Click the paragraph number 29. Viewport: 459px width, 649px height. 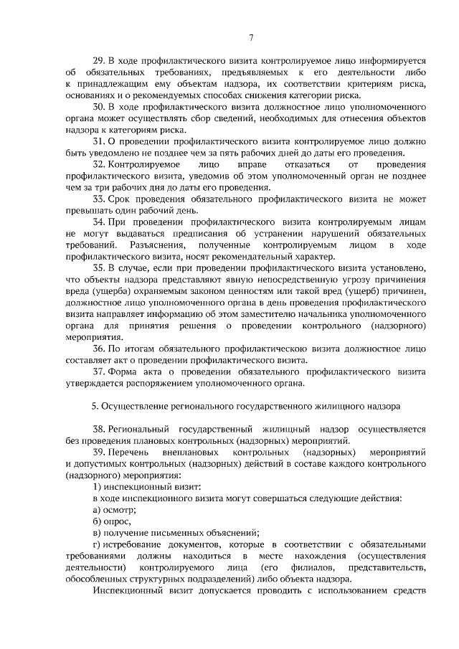pyautogui.click(x=100, y=61)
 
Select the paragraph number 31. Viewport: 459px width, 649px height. pyautogui.click(x=100, y=141)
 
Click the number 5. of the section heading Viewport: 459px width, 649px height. pyautogui.click(x=95, y=406)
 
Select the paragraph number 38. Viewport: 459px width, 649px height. pyautogui.click(x=100, y=429)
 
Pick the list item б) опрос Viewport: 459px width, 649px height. pyautogui.click(x=113, y=521)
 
